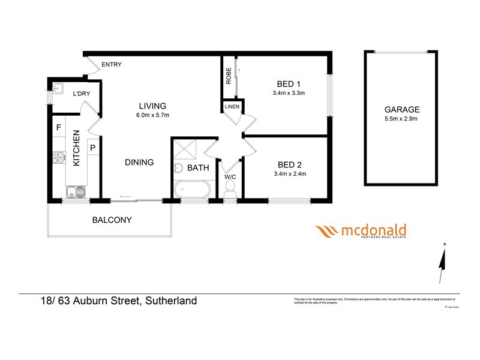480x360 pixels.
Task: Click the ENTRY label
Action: (112, 65)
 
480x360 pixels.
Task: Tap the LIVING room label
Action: (149, 106)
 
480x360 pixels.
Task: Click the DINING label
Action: (139, 162)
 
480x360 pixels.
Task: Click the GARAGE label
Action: (402, 110)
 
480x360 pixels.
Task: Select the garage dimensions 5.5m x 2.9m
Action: (402, 119)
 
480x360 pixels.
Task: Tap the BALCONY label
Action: (112, 220)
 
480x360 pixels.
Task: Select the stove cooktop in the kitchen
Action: (59, 158)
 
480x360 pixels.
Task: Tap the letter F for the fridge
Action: (59, 128)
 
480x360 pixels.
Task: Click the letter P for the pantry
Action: (94, 147)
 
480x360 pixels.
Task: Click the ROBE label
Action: (229, 76)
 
